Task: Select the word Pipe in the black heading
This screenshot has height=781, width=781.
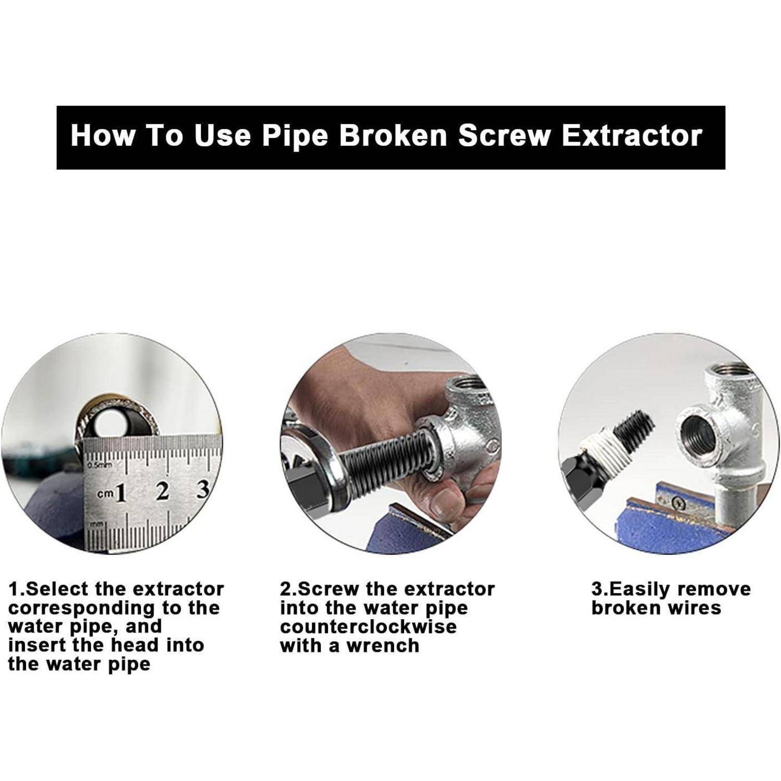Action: [295, 136]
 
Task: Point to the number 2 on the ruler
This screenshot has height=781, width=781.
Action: [163, 490]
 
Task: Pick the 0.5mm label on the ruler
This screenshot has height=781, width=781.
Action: [99, 464]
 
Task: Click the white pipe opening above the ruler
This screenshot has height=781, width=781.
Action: [111, 424]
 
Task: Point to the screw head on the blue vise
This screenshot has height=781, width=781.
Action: [677, 503]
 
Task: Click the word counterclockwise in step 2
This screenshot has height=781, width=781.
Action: [368, 626]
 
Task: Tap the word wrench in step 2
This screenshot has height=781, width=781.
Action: [383, 646]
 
